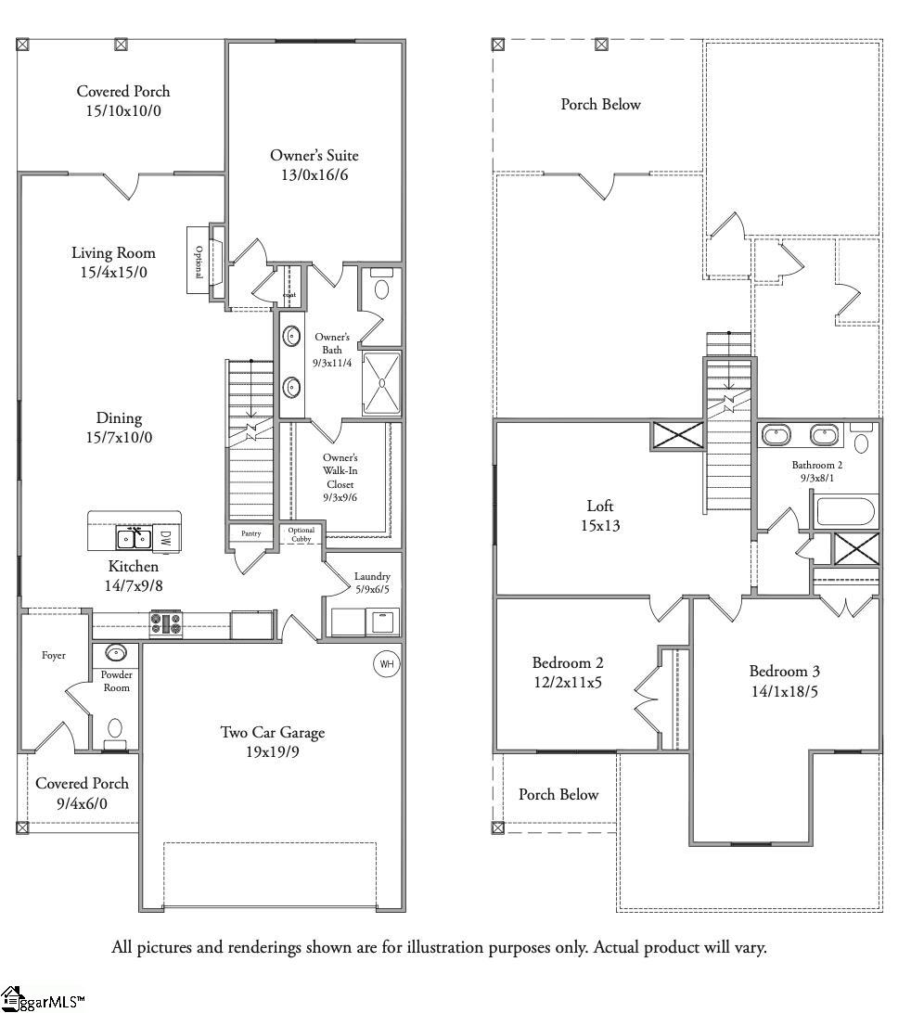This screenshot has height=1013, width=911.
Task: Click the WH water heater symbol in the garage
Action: (x=385, y=664)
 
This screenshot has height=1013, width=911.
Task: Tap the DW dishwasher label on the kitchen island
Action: (x=164, y=537)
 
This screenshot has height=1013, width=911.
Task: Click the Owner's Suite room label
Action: (x=314, y=156)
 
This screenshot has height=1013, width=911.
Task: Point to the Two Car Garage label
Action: (x=272, y=733)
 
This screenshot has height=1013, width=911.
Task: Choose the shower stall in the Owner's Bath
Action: (x=380, y=383)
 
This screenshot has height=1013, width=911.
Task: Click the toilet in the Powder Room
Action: (x=115, y=731)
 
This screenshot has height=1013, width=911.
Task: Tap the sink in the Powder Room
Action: (x=116, y=653)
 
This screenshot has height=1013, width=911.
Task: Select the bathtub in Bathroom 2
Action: (x=845, y=512)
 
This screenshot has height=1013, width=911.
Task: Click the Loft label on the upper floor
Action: (x=600, y=506)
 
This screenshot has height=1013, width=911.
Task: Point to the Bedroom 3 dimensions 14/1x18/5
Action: (x=784, y=691)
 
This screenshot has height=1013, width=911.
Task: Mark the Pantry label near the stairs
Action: (x=250, y=533)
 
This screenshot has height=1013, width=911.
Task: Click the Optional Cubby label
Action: (x=302, y=534)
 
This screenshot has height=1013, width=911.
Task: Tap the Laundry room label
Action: (x=372, y=576)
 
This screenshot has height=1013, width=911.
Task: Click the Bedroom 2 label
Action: (x=568, y=662)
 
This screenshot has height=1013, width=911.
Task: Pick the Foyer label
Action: (x=54, y=655)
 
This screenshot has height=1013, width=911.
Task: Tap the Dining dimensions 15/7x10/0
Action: (x=119, y=437)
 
